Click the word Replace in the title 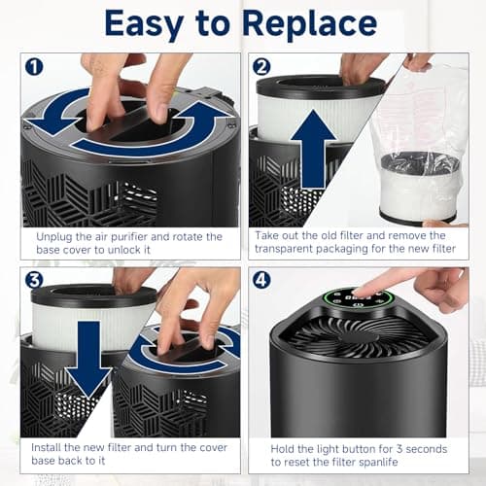click(310, 24)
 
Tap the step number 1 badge click(34, 67)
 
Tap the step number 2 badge click(261, 67)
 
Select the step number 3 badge click(34, 280)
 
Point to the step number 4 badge click(261, 280)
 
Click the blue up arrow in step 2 click(313, 149)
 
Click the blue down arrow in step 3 click(88, 359)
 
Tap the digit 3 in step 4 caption click(399, 449)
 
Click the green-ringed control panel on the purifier click(360, 298)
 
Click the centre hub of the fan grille click(359, 337)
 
